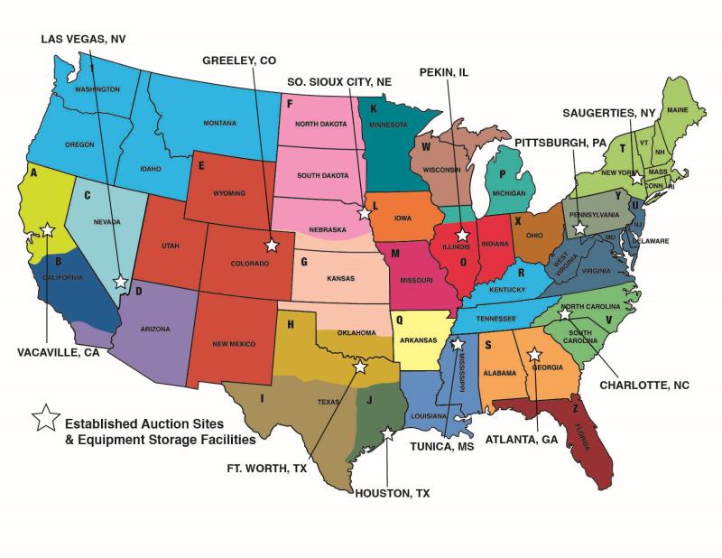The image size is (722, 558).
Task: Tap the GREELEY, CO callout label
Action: tap(239, 60)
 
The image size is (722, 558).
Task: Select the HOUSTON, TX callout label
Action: tap(391, 493)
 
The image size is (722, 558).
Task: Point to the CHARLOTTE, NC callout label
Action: tap(644, 385)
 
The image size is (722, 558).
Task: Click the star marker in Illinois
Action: tap(462, 235)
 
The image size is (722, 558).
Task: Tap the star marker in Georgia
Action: tap(533, 355)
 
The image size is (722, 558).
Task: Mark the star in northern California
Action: tap(47, 230)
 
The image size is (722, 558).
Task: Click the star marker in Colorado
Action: tap(271, 245)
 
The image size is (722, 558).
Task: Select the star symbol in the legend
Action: tap(42, 417)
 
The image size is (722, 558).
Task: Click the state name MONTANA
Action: tap(219, 123)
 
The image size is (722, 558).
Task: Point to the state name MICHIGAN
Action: tap(509, 194)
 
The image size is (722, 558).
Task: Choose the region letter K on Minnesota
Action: tap(373, 108)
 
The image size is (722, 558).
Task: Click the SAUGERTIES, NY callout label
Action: tap(607, 113)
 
